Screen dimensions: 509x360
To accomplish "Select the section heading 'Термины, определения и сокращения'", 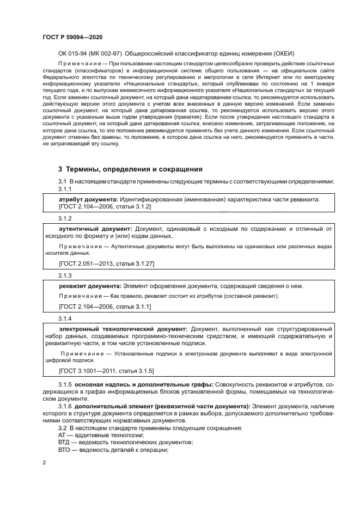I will tap(130, 169).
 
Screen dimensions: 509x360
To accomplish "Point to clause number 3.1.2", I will tap(65, 218).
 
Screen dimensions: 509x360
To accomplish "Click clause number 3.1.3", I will tap(65, 275).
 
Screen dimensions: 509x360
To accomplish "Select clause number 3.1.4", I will tap(65, 318).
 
